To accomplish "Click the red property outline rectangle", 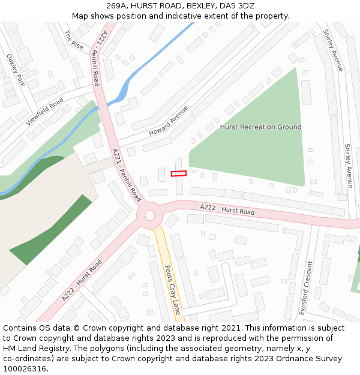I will click(178, 173).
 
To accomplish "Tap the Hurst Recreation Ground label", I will click(260, 127).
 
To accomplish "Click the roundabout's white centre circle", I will click(150, 215).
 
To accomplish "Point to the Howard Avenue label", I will click(169, 121).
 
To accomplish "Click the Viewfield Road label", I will click(44, 112).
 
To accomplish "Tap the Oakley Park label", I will click(16, 70).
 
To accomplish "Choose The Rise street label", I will click(74, 40).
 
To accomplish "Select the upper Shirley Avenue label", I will click(333, 50).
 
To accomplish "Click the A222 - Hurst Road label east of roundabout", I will click(227, 209).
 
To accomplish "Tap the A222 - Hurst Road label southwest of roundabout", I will click(82, 281).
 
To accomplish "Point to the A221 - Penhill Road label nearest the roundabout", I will click(127, 176).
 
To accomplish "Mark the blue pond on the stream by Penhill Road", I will click(122, 91).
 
